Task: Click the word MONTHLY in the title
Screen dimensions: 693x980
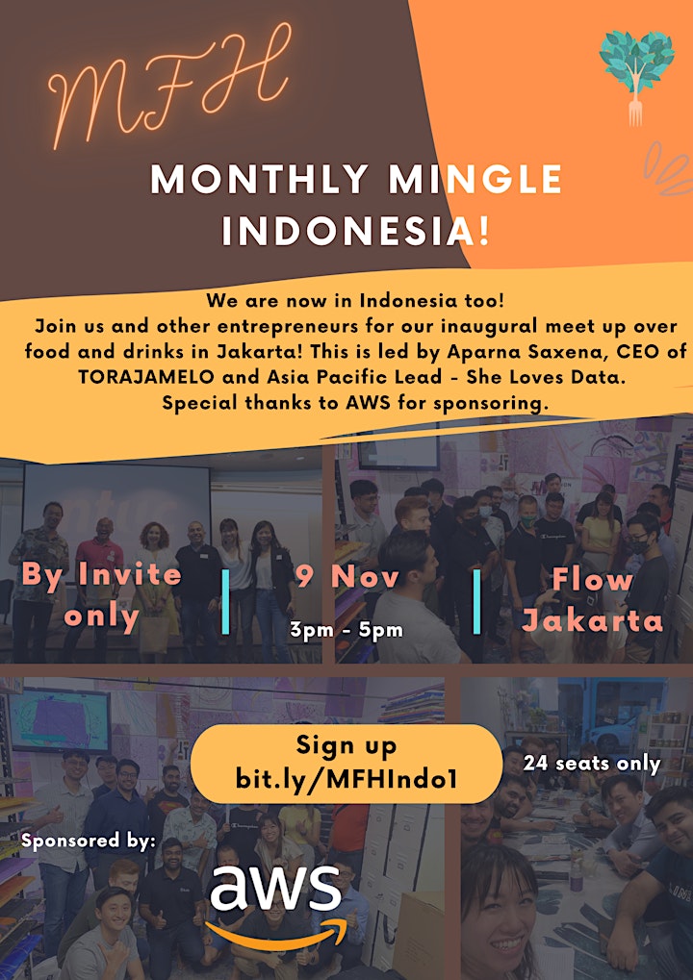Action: pos(259,180)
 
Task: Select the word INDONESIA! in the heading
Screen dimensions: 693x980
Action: pos(355,231)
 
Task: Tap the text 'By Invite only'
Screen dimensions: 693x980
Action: pos(101,596)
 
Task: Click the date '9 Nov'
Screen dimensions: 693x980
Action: pos(347,576)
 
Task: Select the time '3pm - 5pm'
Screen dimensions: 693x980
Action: pos(346,629)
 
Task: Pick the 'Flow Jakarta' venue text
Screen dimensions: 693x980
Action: pos(592,600)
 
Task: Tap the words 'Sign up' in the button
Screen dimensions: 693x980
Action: pos(346,745)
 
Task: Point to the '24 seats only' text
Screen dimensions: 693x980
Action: pos(592,764)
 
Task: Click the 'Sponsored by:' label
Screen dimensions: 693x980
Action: pos(89,842)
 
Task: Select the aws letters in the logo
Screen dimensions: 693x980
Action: pos(275,889)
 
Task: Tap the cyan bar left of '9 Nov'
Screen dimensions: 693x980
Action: pos(226,601)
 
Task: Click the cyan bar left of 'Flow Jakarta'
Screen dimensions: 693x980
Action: pos(476,601)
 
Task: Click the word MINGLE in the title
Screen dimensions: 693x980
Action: pos(476,180)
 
